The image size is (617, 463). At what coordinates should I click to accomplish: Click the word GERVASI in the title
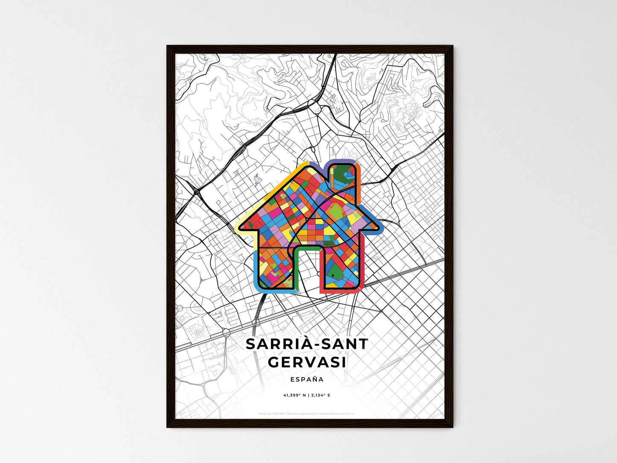pos(307,362)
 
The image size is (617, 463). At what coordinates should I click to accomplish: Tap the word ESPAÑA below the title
pos(307,379)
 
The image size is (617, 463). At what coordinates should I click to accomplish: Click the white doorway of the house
pos(307,273)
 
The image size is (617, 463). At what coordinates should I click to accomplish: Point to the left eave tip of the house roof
pos(237,226)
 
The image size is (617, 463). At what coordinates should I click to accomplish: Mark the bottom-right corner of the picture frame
pos(452,427)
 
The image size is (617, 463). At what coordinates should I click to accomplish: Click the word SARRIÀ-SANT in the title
pos(307,344)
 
